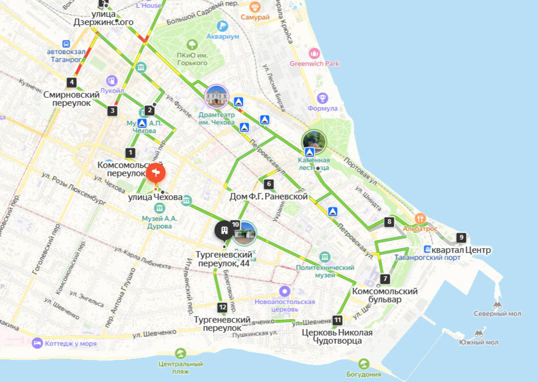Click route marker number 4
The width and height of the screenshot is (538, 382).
(x=71, y=82)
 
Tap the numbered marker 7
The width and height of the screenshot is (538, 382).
(x=385, y=279)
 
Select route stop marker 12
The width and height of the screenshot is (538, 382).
(x=222, y=307)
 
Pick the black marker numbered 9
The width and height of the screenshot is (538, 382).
(x=462, y=237)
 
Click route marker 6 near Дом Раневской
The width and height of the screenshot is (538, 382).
(x=269, y=184)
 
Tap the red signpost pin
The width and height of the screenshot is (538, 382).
(x=156, y=172)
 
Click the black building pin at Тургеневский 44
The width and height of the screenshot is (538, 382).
(x=224, y=230)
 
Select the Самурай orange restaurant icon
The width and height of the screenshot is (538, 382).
(x=255, y=7)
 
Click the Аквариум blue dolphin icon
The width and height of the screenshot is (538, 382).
(x=222, y=26)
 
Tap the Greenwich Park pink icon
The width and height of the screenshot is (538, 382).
(x=314, y=53)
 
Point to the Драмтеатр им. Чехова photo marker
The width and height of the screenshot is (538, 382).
(x=216, y=97)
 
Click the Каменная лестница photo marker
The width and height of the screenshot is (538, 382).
(x=314, y=142)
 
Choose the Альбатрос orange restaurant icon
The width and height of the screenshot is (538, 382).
(x=420, y=219)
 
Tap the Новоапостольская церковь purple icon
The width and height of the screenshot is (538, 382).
(x=285, y=291)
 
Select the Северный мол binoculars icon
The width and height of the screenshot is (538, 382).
(x=497, y=305)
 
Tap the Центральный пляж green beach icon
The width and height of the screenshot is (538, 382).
(x=181, y=353)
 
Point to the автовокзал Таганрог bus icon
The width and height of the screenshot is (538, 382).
(x=66, y=44)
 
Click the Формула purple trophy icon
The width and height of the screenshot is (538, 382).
(x=322, y=98)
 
